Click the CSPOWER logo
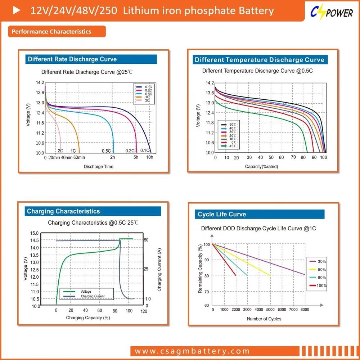pyautogui.click(x=332, y=13)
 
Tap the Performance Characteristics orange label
pyautogui.click(x=51, y=32)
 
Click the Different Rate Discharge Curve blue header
pyautogui.click(x=72, y=59)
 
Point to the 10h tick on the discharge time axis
pyautogui.click(x=149, y=157)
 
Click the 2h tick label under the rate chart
pyautogui.click(x=113, y=157)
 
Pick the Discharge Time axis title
pyautogui.click(x=98, y=167)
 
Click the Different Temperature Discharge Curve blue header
pyautogui.click(x=259, y=60)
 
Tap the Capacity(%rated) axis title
pyautogui.click(x=261, y=167)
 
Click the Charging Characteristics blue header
pyautogui.click(x=63, y=211)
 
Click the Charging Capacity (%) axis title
pyautogui.click(x=88, y=318)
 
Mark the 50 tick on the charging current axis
pyautogui.click(x=146, y=240)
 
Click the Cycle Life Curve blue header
pyautogui.click(x=222, y=214)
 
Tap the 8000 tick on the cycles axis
pyautogui.click(x=305, y=310)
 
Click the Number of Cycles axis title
pyautogui.click(x=264, y=319)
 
